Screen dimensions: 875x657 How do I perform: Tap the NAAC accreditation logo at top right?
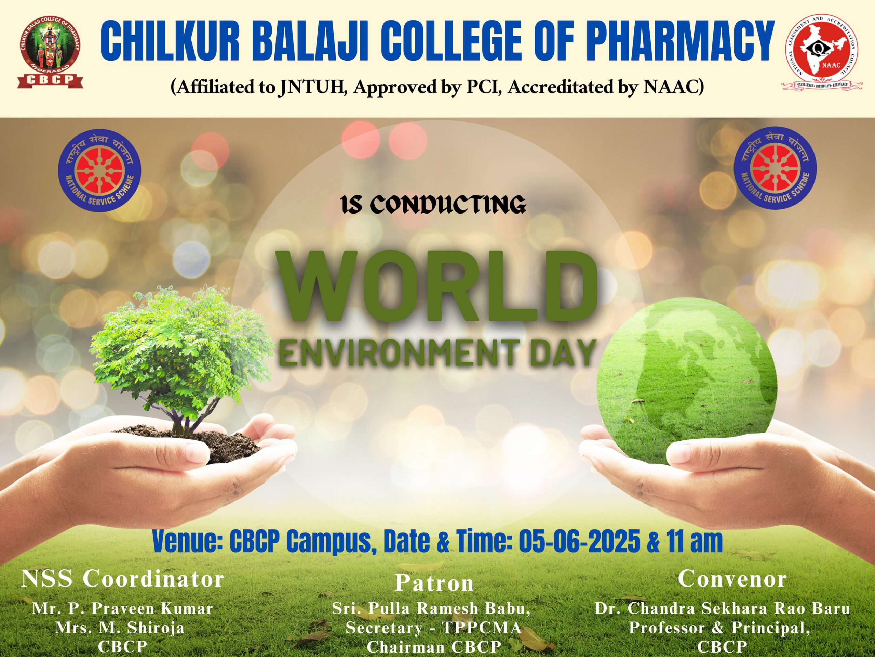(821, 52)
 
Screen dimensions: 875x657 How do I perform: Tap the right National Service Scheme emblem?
(775, 168)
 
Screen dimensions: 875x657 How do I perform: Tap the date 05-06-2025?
(579, 541)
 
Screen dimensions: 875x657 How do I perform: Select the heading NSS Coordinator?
(123, 579)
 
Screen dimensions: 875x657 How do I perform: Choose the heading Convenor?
(732, 579)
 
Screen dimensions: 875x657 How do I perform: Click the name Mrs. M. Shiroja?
(120, 628)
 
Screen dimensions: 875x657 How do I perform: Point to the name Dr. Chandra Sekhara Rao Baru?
(722, 608)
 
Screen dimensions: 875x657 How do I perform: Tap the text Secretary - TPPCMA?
(433, 628)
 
